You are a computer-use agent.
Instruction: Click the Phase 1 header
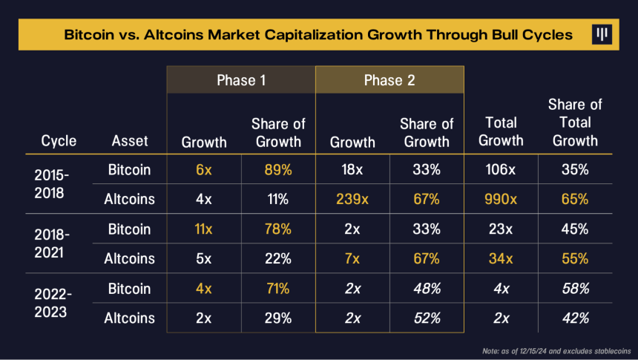click(241, 80)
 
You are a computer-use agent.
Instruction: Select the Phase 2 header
click(389, 80)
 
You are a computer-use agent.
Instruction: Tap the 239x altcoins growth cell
click(352, 199)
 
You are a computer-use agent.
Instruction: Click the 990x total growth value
click(501, 199)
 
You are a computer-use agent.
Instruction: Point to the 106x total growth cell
click(501, 169)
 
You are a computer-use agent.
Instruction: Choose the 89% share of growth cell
click(278, 169)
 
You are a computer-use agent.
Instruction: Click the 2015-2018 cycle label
click(52, 184)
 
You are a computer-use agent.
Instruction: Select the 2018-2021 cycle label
click(52, 243)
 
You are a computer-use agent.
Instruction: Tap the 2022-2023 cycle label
click(53, 303)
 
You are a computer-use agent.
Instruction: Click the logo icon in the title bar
click(602, 34)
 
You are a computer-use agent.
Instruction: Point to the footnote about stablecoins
click(556, 351)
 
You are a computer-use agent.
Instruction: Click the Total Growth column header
click(501, 131)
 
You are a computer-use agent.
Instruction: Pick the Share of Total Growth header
click(575, 122)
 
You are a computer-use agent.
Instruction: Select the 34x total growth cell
click(501, 258)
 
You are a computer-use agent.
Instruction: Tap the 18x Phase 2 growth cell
click(352, 169)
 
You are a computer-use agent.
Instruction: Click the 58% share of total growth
click(576, 289)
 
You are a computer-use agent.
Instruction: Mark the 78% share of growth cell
click(278, 229)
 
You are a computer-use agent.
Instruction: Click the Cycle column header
click(59, 141)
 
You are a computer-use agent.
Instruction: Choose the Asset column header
click(130, 141)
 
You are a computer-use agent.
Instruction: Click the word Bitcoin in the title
click(89, 35)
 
